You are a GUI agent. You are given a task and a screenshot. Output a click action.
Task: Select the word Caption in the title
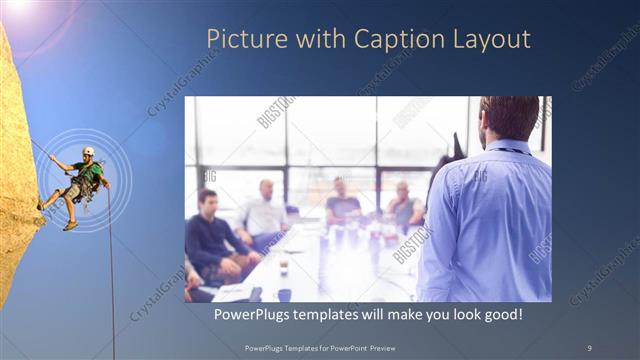[x=391, y=40]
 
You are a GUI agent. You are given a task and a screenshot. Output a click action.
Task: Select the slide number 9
[x=589, y=347]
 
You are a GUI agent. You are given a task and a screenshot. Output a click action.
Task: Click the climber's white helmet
[x=89, y=151]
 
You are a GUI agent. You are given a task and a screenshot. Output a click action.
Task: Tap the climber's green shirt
[x=92, y=172]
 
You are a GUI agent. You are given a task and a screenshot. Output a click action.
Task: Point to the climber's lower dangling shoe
[x=70, y=226]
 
